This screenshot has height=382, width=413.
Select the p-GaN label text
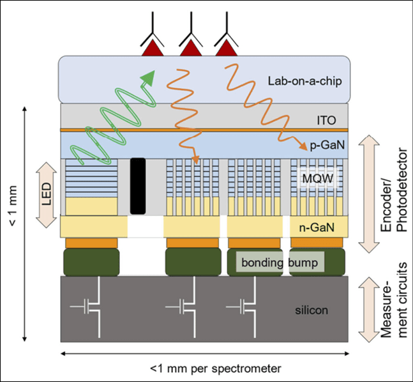point(326,146)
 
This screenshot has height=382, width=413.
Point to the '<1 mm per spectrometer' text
point(204,369)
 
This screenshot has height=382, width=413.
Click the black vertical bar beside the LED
point(137,186)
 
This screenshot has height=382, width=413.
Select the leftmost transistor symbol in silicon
point(89,307)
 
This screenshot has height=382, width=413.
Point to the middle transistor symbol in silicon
point(185,307)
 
